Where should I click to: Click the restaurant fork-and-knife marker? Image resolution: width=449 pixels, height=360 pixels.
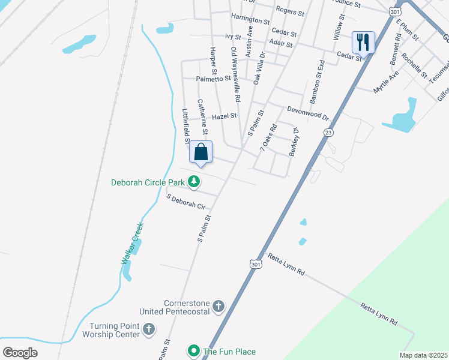point(363,42)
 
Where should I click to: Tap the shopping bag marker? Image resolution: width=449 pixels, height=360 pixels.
point(201,152)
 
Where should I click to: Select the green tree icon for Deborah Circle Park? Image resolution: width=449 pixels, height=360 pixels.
point(193,181)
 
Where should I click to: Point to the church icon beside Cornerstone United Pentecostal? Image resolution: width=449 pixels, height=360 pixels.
point(218,307)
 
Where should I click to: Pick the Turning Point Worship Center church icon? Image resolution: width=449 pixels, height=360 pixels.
point(148,329)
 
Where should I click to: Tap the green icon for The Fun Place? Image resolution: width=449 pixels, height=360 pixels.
point(193,351)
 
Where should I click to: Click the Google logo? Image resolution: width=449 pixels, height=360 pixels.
point(20,352)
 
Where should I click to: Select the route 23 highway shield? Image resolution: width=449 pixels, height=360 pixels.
point(328,132)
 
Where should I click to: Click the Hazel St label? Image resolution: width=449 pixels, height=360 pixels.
point(224,116)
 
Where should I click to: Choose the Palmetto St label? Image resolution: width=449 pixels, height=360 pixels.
point(213,79)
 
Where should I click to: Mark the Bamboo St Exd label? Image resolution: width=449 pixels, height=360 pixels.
point(316,81)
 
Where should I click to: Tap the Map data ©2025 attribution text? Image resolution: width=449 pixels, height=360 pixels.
point(423,355)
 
